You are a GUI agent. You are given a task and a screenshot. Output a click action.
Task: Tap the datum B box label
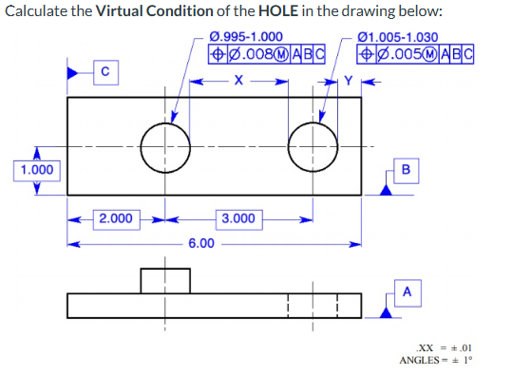pyautogui.click(x=406, y=170)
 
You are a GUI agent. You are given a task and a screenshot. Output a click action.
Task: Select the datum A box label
pyautogui.click(x=406, y=291)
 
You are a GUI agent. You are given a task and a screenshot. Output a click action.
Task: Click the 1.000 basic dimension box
pyautogui.click(x=35, y=170)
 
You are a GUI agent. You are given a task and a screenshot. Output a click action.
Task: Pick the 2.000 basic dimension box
pyautogui.click(x=116, y=218)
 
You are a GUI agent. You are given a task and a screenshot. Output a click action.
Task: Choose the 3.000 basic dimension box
pyautogui.click(x=238, y=218)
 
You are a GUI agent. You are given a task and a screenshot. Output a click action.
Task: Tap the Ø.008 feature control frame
pyautogui.click(x=267, y=53)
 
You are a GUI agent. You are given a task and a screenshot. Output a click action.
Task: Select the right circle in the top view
pyautogui.click(x=312, y=145)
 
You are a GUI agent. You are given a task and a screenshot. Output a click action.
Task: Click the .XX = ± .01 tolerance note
pyautogui.click(x=444, y=347)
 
